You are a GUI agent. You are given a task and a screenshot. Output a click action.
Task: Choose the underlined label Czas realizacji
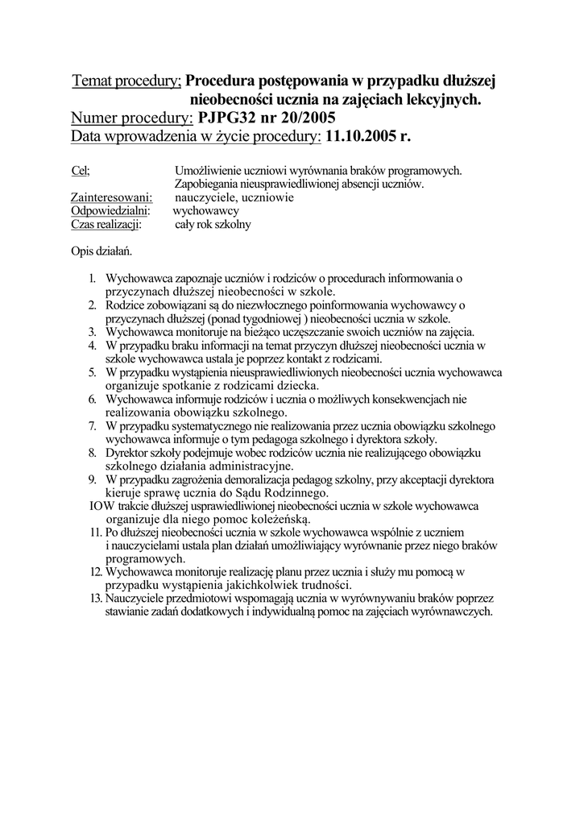(106, 225)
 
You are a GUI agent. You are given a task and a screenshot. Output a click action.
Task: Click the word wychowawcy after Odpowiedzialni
(206, 211)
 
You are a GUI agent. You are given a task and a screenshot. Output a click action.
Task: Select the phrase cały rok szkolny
(213, 225)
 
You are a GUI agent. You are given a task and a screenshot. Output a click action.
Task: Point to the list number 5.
(93, 373)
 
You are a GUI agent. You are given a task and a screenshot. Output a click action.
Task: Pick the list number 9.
(93, 480)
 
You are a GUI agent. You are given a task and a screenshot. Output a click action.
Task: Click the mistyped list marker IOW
(99, 507)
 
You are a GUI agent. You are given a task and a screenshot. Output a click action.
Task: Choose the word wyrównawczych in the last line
(453, 612)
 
